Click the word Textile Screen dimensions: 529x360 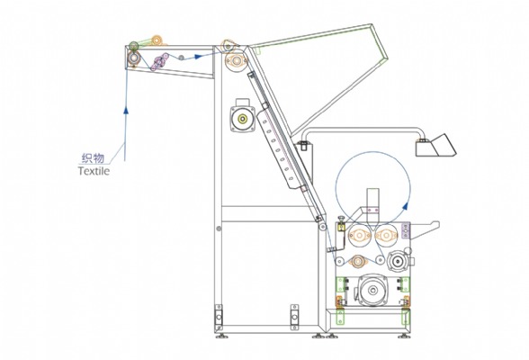pos(94,171)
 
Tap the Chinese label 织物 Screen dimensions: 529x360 pos(94,157)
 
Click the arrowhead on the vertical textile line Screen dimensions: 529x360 pos(126,110)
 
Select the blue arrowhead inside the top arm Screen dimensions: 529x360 pos(198,57)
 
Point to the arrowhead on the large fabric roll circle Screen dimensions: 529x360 pos(407,205)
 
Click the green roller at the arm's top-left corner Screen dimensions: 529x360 pos(134,46)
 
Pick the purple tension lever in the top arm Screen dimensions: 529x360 pos(159,61)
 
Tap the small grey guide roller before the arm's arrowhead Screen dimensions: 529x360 pos(181,58)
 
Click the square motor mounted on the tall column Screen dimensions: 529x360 pos(242,118)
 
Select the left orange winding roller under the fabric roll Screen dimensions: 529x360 pos(359,235)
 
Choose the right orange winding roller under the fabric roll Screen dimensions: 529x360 pos(385,235)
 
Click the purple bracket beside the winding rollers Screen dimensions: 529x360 pos(406,230)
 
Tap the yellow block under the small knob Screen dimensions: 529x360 pos(341,227)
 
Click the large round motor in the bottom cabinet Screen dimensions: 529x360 pos(372,290)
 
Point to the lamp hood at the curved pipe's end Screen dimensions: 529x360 pos(435,146)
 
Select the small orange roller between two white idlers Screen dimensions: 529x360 pos(358,261)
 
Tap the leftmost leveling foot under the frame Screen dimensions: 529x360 pos(221,336)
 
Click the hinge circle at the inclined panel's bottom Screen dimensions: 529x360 pos(323,227)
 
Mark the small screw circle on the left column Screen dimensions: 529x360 pos(219,229)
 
